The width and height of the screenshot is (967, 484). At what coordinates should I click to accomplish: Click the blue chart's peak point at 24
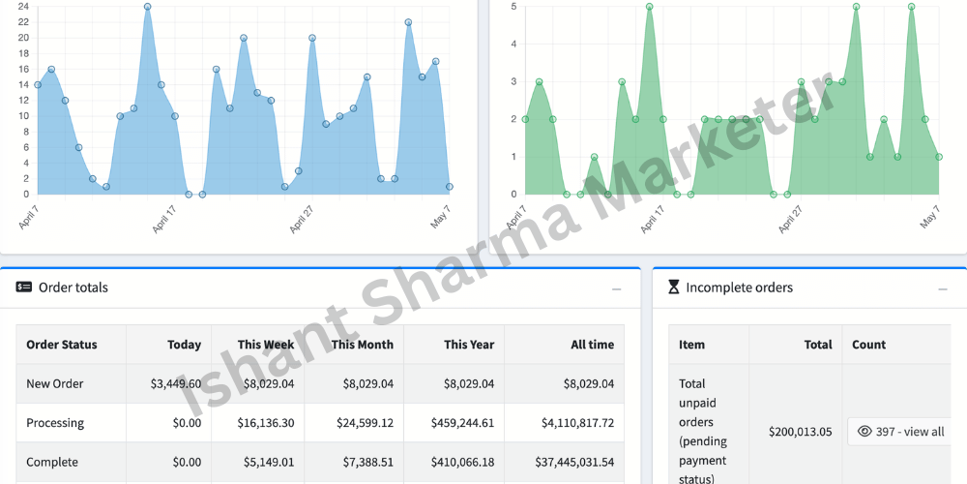[x=147, y=7]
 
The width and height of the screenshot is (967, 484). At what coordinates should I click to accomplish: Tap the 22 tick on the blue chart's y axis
[x=23, y=22]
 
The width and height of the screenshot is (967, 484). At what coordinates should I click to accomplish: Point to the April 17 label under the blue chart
[x=164, y=219]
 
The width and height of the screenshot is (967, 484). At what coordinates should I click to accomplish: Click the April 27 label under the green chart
[x=790, y=219]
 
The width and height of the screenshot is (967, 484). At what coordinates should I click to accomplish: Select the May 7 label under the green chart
[x=930, y=217]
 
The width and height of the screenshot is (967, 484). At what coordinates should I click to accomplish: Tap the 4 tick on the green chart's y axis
[x=513, y=45]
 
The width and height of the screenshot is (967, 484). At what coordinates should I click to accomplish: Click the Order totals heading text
[x=73, y=287]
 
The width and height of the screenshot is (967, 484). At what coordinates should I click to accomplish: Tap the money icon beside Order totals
[x=24, y=287]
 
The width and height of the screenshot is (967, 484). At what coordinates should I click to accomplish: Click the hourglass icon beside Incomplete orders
[x=674, y=287]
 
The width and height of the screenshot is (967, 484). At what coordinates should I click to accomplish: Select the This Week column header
[x=267, y=345]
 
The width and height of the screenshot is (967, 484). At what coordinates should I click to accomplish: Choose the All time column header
[x=593, y=345]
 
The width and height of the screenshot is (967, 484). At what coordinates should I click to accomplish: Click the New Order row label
[x=55, y=384]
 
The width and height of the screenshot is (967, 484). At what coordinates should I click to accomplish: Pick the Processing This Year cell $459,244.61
[x=462, y=423]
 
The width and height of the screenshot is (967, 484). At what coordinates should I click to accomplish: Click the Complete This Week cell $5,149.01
[x=266, y=463]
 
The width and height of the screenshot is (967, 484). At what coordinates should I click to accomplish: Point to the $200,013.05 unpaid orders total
[x=801, y=432]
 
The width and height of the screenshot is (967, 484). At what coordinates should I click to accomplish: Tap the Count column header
[x=869, y=345]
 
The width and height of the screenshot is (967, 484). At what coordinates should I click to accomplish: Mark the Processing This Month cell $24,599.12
[x=366, y=423]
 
